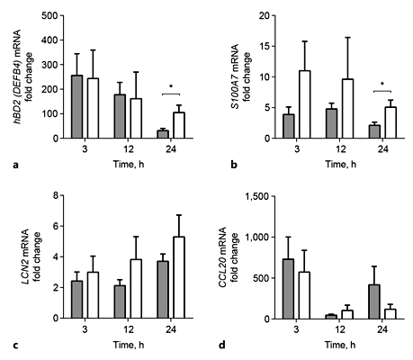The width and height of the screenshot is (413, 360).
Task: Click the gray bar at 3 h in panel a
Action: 78,107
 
